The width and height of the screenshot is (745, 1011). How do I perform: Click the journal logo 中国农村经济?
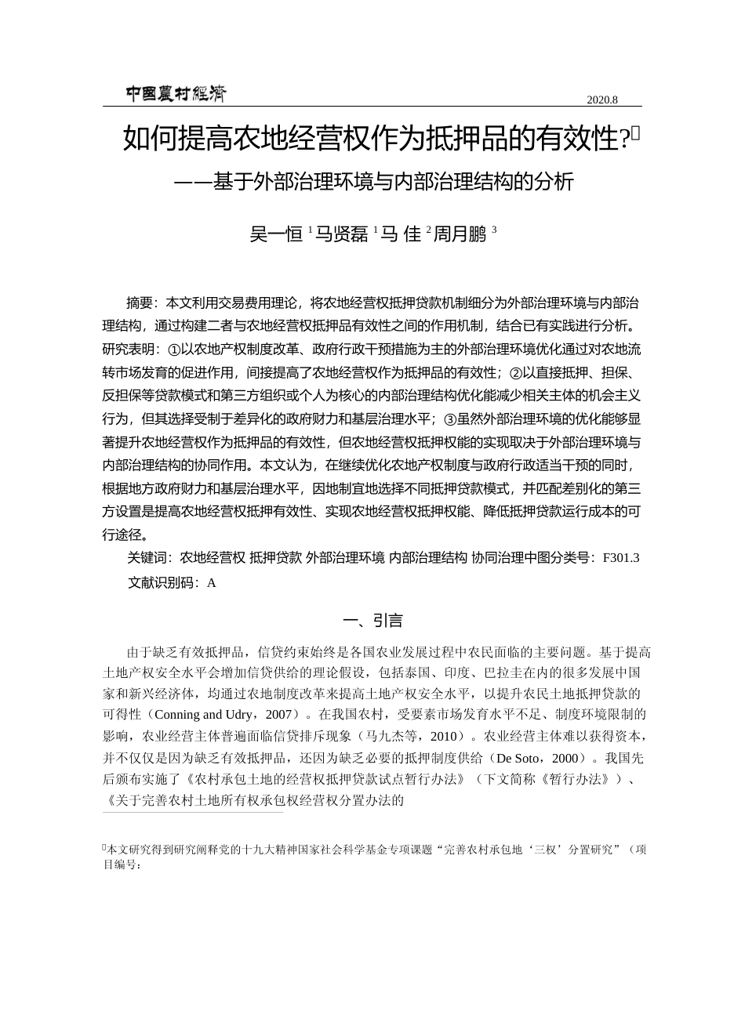(176, 95)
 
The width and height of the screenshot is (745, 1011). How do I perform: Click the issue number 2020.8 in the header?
(602, 100)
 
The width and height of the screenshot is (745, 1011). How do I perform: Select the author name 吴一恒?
(276, 234)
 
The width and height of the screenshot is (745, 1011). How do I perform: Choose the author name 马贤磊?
(342, 234)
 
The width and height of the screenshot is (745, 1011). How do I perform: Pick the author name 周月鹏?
(460, 234)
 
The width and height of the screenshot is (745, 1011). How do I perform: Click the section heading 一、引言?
(372, 621)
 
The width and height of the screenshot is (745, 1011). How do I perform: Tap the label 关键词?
(147, 558)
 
